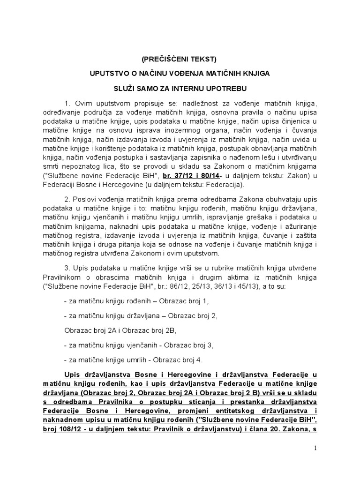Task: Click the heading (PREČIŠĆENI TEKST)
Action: tap(180, 60)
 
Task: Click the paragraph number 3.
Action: tap(66, 267)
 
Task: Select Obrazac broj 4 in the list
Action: tap(176, 360)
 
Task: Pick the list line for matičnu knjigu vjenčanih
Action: tap(139, 345)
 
